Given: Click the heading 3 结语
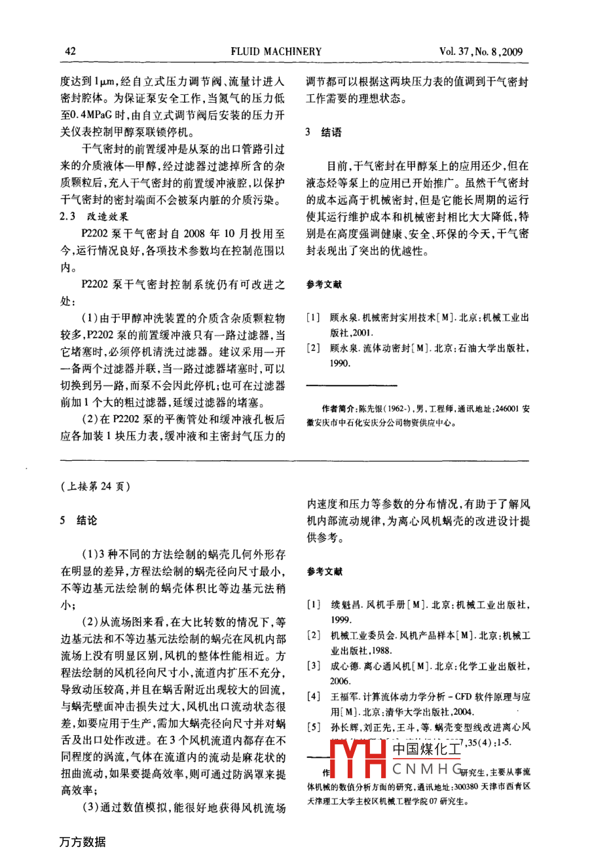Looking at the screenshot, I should [324, 132].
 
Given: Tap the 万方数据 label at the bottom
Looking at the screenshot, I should [83, 841].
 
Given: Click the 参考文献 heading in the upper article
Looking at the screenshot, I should [324, 285].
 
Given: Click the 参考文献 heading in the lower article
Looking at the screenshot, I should [324, 571].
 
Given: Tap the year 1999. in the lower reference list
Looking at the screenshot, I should [341, 619].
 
